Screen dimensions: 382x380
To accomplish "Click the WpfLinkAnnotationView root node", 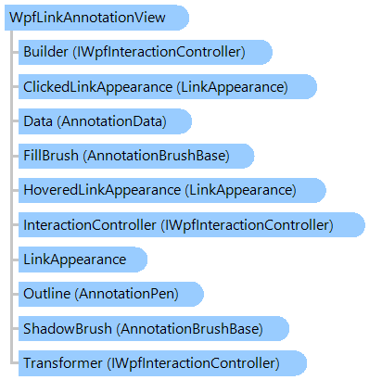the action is (x=96, y=18).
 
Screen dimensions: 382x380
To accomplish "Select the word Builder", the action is (x=45, y=52).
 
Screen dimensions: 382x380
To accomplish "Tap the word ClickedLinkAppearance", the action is (x=97, y=87).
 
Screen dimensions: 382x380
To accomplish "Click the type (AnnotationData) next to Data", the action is (x=112, y=121).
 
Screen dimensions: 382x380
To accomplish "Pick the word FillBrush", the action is (x=51, y=155).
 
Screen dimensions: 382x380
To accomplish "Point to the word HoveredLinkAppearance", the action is (x=102, y=190).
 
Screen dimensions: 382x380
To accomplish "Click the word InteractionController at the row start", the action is (x=90, y=224).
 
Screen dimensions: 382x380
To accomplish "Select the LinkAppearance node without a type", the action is (x=83, y=260).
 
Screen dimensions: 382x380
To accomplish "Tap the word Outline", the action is (x=47, y=294).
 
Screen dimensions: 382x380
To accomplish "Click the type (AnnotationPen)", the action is (x=127, y=294).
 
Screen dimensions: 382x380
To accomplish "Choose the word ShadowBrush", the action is (x=68, y=328).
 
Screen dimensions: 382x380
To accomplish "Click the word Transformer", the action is (x=63, y=362).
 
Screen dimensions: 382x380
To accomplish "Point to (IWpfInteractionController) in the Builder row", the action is (x=159, y=52).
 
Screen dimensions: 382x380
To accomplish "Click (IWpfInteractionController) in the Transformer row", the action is (x=193, y=362).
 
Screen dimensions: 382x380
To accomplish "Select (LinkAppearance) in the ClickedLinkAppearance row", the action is (x=232, y=87).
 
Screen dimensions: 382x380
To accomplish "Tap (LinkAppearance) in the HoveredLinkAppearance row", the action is (x=240, y=190).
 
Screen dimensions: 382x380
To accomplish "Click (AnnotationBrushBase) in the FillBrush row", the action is (x=156, y=155).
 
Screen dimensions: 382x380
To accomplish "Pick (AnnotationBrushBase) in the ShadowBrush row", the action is (x=189, y=328).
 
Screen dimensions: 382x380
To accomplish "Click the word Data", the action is (x=38, y=121).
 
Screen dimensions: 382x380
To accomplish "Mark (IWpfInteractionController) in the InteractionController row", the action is (x=247, y=224).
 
